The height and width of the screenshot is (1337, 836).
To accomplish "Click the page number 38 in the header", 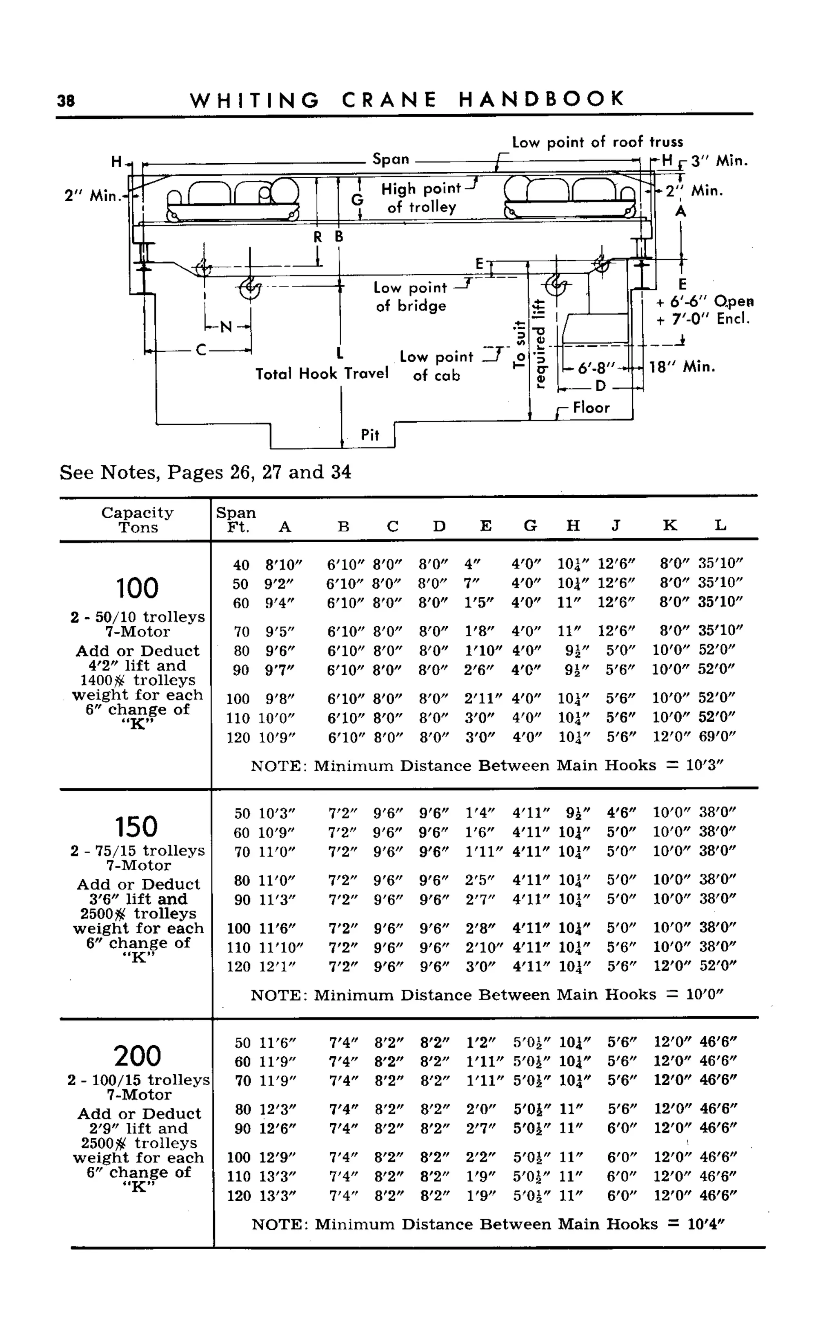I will click(66, 100).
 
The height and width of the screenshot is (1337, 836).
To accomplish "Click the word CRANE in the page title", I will click(389, 100).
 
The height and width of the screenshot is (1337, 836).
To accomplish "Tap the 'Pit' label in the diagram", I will click(370, 435).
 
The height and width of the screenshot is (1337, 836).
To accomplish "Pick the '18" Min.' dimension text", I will click(682, 367).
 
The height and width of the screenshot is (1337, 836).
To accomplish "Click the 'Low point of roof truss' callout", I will click(597, 142).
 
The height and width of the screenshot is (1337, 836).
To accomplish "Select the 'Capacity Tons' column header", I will click(137, 520).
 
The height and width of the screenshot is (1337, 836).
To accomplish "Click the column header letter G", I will click(530, 526).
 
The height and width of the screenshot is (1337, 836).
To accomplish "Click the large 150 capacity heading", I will click(137, 827).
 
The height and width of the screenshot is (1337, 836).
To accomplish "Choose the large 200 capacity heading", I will click(138, 1056).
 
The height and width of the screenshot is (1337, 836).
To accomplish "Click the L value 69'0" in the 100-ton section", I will click(716, 737).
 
